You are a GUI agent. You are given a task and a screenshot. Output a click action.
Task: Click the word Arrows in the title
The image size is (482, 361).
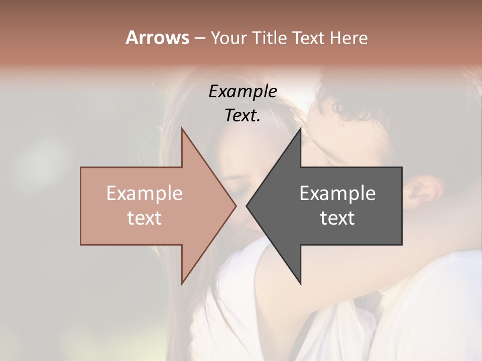pyautogui.click(x=157, y=38)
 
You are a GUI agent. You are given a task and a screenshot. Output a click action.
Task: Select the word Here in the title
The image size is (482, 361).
pyautogui.click(x=348, y=38)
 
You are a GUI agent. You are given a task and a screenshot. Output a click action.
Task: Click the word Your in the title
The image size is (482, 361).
pyautogui.click(x=228, y=38)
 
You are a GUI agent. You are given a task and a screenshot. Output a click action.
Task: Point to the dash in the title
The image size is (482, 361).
pyautogui.click(x=199, y=38)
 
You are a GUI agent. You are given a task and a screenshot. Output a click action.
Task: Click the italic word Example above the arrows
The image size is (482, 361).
pyautogui.click(x=243, y=92)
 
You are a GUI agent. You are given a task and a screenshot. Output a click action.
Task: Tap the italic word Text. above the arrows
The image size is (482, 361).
pyautogui.click(x=243, y=116)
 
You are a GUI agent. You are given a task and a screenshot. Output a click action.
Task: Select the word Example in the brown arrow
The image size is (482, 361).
pyautogui.click(x=145, y=193)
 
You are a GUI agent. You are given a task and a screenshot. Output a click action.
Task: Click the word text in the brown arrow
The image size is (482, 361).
pyautogui.click(x=145, y=218)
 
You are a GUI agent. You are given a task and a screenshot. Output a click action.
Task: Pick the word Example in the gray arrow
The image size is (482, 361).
pyautogui.click(x=337, y=193)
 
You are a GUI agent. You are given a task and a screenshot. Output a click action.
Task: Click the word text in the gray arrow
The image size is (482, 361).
pyautogui.click(x=337, y=218)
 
